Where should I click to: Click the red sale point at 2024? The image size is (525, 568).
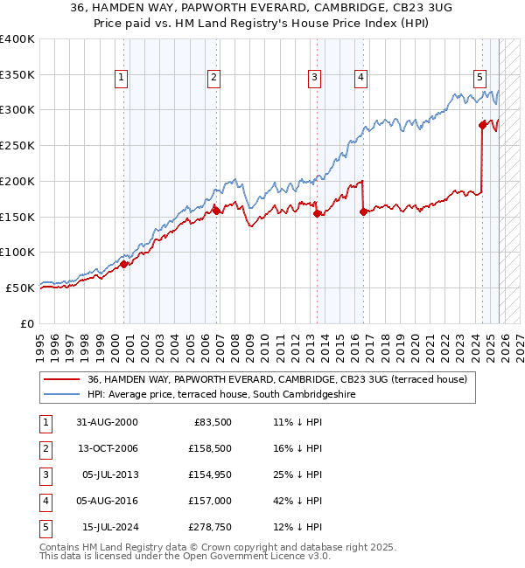point(482,125)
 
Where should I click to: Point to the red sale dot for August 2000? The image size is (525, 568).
point(124,263)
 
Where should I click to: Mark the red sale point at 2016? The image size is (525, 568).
point(362,211)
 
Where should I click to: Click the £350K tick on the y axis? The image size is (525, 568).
point(17,74)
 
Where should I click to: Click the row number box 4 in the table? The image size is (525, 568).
point(44,501)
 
